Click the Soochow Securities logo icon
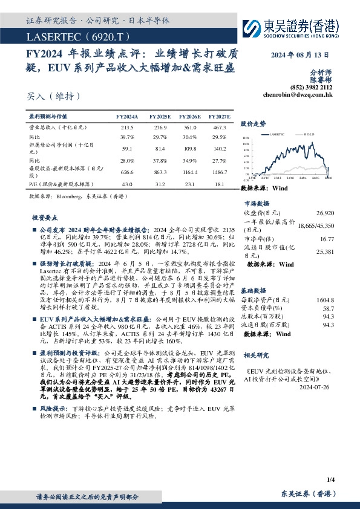click(x=252, y=28)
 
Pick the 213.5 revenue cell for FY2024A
click(x=127, y=128)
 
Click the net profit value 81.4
click(x=160, y=148)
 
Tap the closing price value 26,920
click(x=325, y=213)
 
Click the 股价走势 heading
click(x=253, y=123)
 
